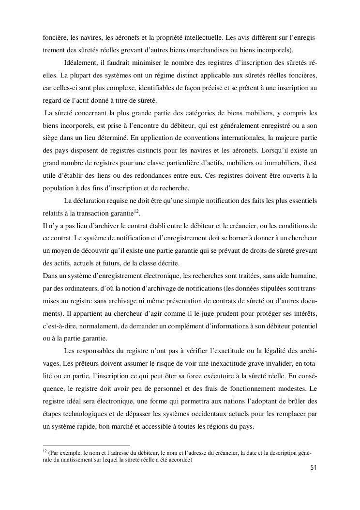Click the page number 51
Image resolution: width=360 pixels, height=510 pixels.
coord(313,468)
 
